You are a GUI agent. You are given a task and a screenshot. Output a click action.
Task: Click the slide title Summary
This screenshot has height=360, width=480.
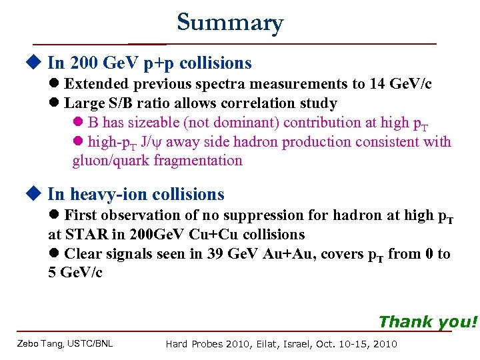pyautogui.click(x=230, y=23)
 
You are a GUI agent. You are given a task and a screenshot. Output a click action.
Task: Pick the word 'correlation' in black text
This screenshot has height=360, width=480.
pyautogui.click(x=263, y=103)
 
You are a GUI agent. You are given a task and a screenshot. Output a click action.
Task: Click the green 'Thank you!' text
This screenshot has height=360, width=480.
pyautogui.click(x=428, y=322)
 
